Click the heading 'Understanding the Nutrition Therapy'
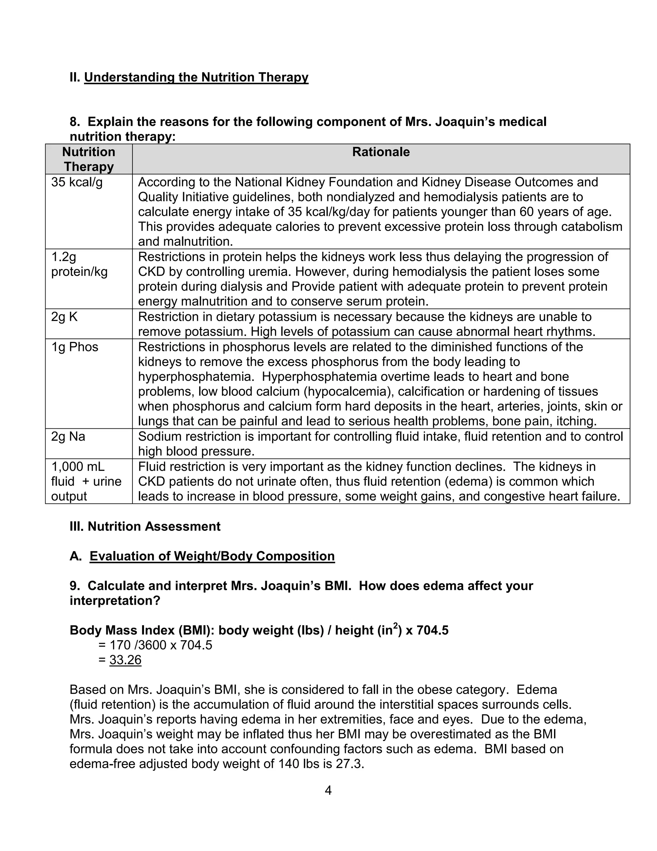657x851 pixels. (196, 77)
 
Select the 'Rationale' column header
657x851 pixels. (381, 152)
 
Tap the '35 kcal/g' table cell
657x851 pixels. (77, 182)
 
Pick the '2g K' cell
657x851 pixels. (64, 317)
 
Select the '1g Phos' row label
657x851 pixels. (74, 347)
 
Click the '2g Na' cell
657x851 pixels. (68, 436)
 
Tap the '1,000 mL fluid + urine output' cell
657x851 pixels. (86, 481)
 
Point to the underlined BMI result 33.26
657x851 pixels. (125, 660)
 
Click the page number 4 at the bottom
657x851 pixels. (328, 791)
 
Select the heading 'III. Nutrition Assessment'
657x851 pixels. (145, 526)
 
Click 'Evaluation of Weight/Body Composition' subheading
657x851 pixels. (212, 556)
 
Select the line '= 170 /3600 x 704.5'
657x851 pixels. (155, 645)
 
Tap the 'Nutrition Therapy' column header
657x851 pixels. (89, 159)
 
